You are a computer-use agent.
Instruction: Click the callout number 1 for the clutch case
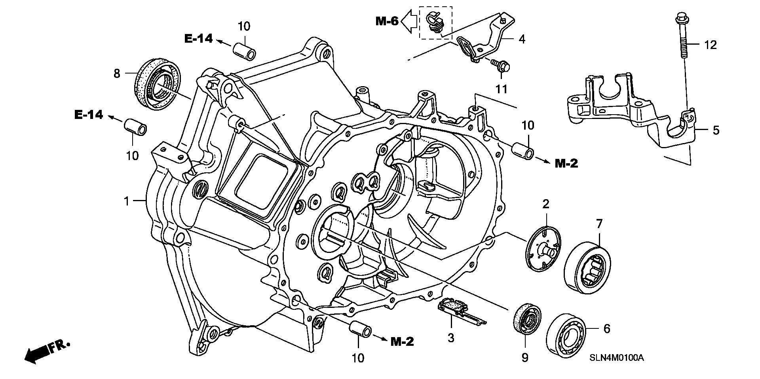(x=126, y=202)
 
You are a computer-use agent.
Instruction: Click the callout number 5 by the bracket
(x=716, y=130)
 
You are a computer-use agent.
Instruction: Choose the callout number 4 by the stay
(x=522, y=39)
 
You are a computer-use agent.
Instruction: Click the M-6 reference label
(x=387, y=21)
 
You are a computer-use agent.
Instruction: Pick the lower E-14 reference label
(x=89, y=115)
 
